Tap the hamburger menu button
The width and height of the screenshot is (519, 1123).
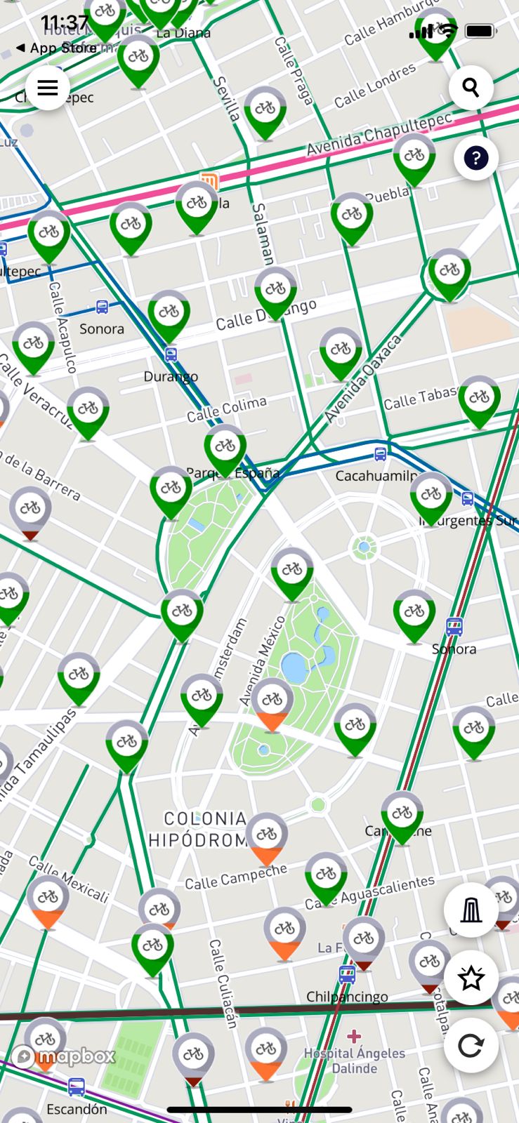47,88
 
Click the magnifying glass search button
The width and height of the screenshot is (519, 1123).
471,88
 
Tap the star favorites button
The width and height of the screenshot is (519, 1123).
471,978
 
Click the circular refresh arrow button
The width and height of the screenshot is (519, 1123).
471,1046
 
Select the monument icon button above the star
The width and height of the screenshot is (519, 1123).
471,910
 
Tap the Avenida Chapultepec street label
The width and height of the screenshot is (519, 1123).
379,134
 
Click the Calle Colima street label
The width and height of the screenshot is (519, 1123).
227,409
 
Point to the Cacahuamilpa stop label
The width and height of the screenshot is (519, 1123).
376,476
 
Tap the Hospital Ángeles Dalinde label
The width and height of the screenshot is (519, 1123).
354,1061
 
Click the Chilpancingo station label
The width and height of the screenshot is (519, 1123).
347,997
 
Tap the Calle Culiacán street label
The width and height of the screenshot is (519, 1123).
223,983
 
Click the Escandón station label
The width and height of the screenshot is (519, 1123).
77,1109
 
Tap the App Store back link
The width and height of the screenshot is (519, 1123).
56,48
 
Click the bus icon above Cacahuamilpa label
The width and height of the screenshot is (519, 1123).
380,454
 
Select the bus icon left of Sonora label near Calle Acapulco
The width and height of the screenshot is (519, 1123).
103,307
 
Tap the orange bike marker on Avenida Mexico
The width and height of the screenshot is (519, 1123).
272,705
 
